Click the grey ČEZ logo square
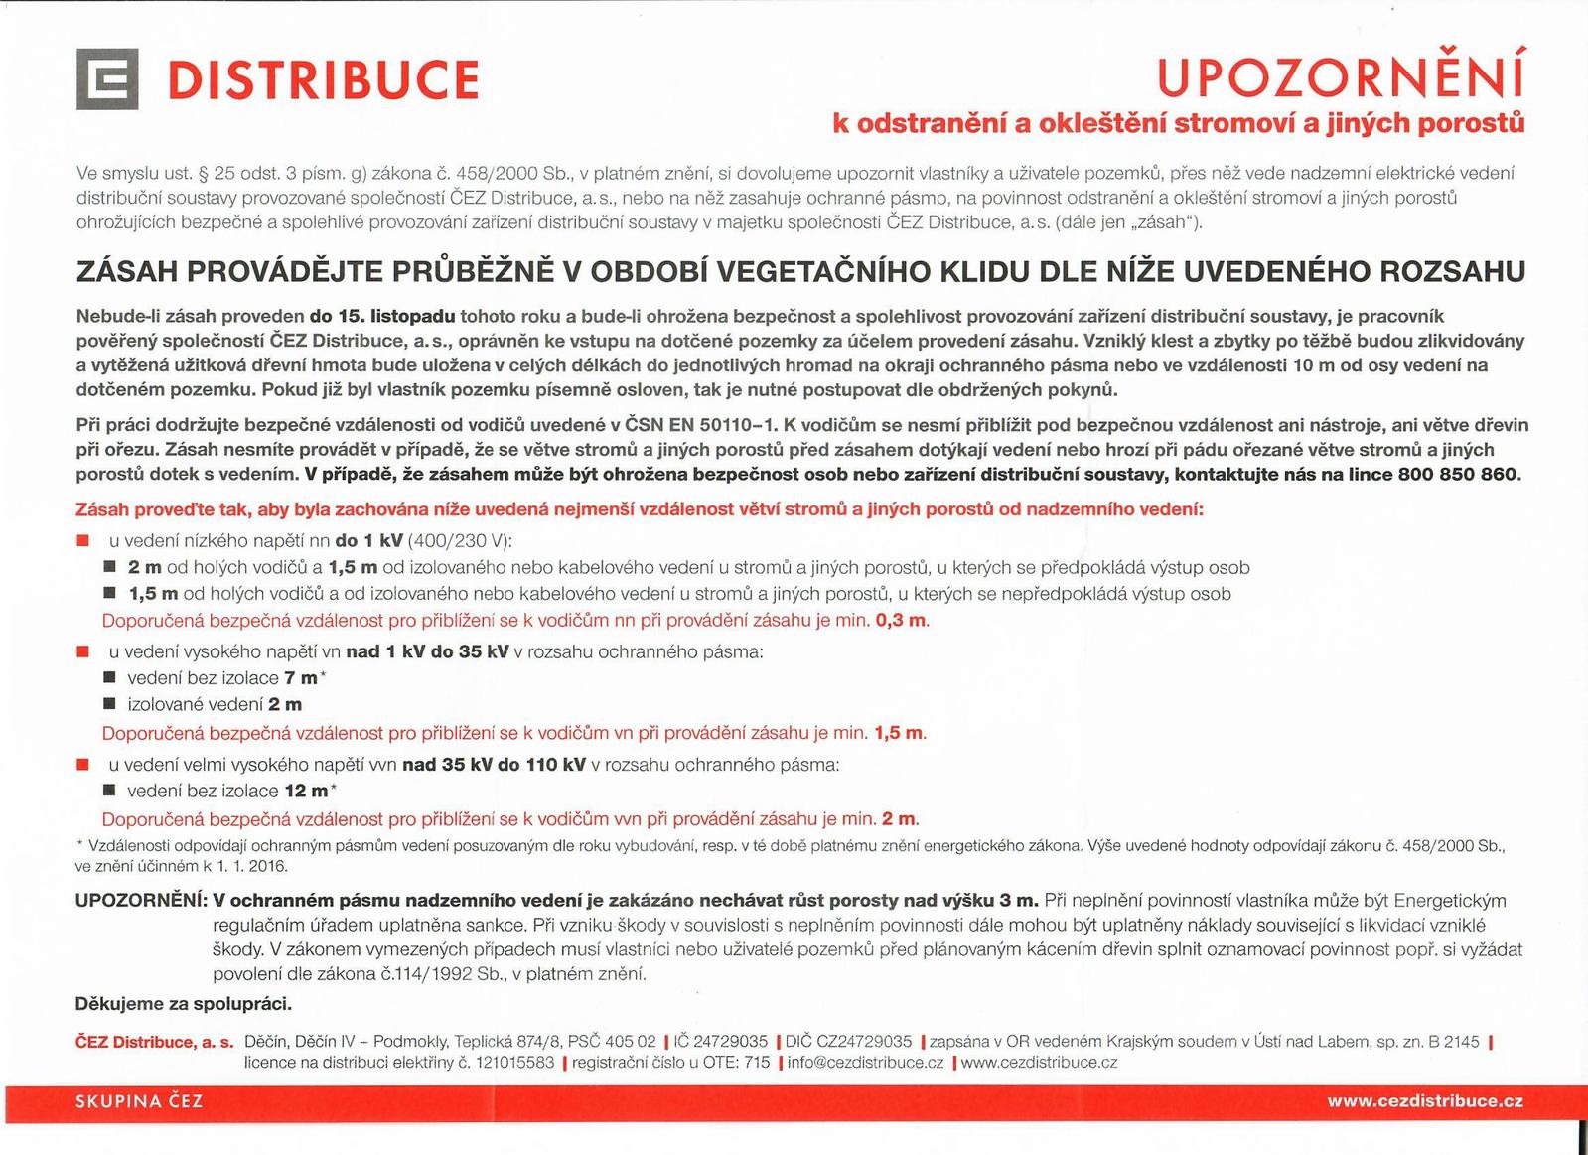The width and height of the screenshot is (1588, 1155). [106, 79]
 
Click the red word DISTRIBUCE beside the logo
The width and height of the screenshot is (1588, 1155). [323, 80]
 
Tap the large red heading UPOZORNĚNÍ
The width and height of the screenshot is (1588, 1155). [1340, 78]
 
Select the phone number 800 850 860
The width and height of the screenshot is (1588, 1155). [1458, 474]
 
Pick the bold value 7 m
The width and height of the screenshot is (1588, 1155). [300, 678]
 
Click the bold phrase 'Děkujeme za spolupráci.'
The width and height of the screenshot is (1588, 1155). [184, 1004]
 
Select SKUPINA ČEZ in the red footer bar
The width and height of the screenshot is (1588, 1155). [139, 1101]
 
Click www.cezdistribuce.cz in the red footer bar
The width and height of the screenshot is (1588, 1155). [1424, 1101]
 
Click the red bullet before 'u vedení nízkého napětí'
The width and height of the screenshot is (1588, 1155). [83, 541]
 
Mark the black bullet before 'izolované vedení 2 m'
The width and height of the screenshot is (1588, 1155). [109, 705]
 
